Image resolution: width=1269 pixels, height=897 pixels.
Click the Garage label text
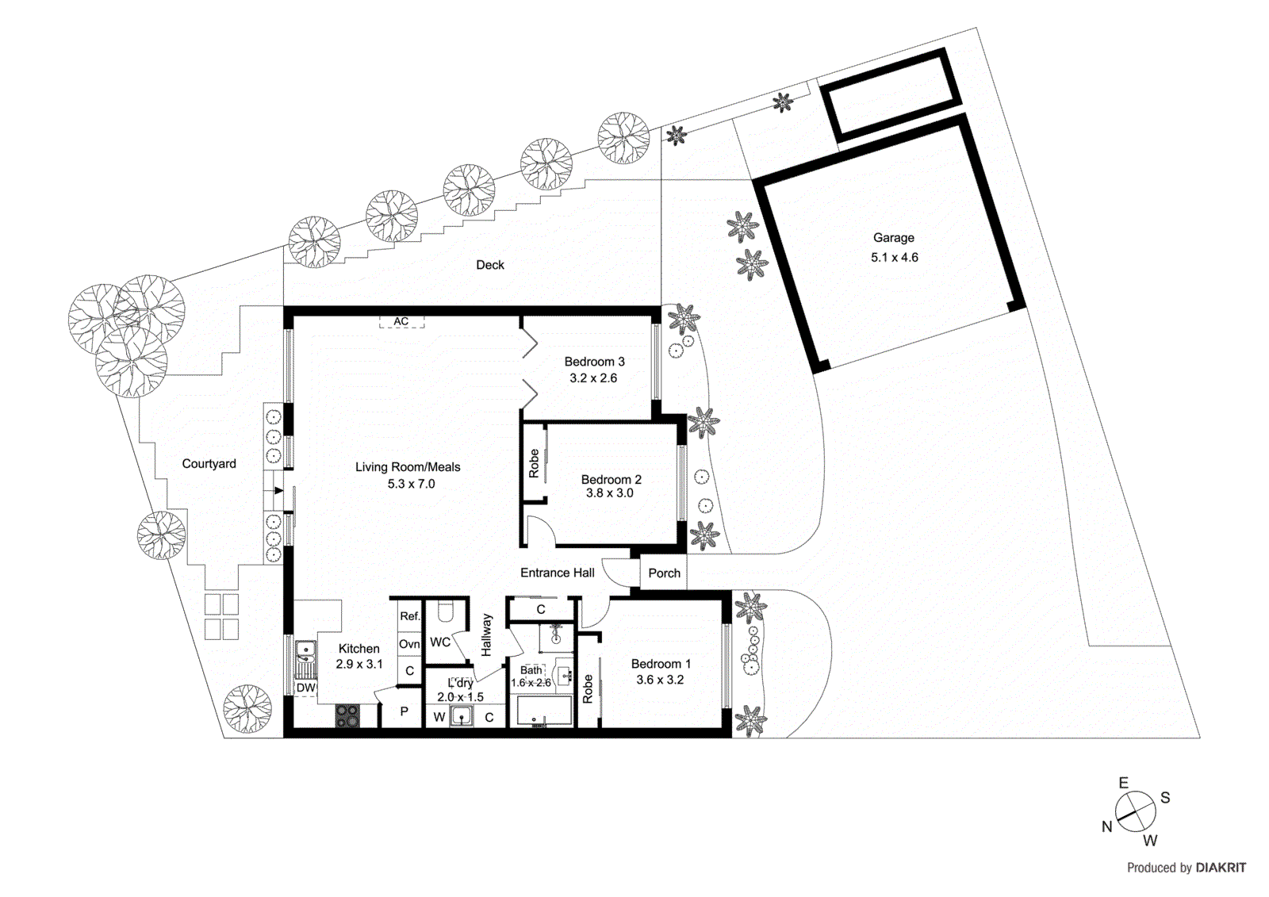coord(893,238)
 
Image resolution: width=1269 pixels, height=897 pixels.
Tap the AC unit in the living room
coord(401,321)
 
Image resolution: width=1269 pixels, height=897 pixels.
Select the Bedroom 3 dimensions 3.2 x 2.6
coord(592,378)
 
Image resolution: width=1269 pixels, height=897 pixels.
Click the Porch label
coord(664,573)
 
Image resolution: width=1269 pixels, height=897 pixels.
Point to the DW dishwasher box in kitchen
coord(305,688)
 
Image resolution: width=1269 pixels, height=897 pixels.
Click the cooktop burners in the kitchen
coord(347,716)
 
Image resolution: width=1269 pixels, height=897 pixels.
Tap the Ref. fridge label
coord(409,616)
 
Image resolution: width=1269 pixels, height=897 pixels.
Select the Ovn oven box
coord(409,644)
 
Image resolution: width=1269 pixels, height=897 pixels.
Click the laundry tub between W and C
coord(462,717)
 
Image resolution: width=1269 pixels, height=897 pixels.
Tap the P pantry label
coord(404,712)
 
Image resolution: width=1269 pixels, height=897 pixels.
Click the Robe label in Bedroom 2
coord(534,463)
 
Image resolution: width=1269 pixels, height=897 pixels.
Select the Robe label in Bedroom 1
coord(588,688)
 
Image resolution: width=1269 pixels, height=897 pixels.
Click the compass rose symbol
coord(1135,811)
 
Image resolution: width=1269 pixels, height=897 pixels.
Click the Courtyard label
coord(209,464)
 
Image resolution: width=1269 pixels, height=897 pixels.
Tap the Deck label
coord(489,265)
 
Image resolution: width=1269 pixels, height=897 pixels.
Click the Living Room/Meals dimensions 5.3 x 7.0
coord(411,484)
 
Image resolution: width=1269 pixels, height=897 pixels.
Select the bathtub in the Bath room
coord(544,711)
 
